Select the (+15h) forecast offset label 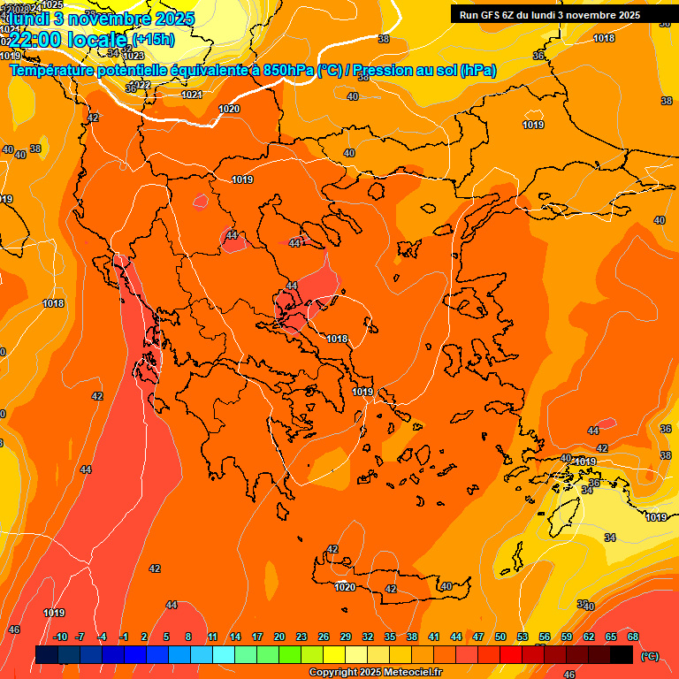coord(153,39)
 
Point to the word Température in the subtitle coord(52,71)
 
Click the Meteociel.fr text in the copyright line coord(408,673)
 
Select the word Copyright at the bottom coord(333,673)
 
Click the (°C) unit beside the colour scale coord(650,655)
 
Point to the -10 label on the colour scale coord(60,637)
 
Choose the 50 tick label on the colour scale coord(500,637)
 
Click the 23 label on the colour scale coord(301,637)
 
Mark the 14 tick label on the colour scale coord(235,637)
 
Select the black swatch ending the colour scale coord(622,654)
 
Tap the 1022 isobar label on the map coord(139,85)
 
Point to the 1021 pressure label coord(191,95)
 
